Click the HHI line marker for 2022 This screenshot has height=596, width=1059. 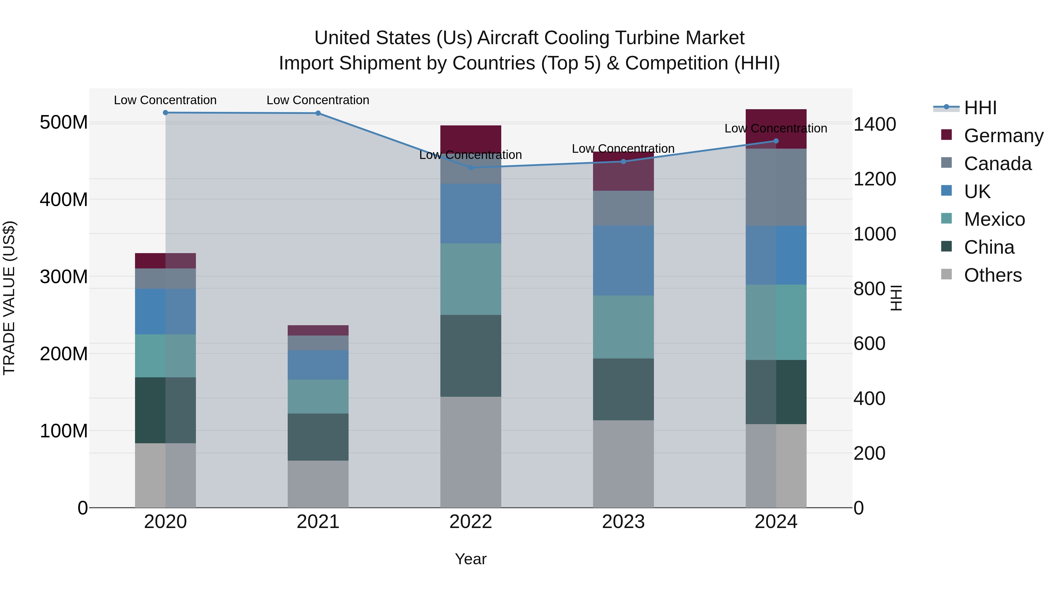coord(471,167)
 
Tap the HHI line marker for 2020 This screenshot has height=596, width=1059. coord(165,112)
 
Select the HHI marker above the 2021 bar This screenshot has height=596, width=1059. coord(318,113)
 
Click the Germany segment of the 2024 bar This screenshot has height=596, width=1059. coord(776,129)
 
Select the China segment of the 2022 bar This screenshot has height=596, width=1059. coord(471,356)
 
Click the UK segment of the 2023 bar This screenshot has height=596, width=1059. coord(623,260)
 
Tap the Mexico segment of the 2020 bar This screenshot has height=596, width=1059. coord(165,356)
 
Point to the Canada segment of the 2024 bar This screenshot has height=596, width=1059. coord(776,187)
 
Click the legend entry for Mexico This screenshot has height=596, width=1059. coord(994,219)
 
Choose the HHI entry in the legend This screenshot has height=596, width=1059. coord(980,108)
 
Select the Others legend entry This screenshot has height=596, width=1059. coord(993,275)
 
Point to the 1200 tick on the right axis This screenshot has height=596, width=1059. coord(875,179)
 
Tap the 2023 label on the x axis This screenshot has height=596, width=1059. coord(623,522)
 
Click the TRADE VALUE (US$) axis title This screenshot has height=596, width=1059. coord(9,298)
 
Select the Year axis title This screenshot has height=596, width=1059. coord(471,559)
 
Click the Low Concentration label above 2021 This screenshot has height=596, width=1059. coord(318,100)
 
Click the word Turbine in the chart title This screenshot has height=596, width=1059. coord(643,38)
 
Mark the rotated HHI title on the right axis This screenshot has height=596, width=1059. coord(895,298)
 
